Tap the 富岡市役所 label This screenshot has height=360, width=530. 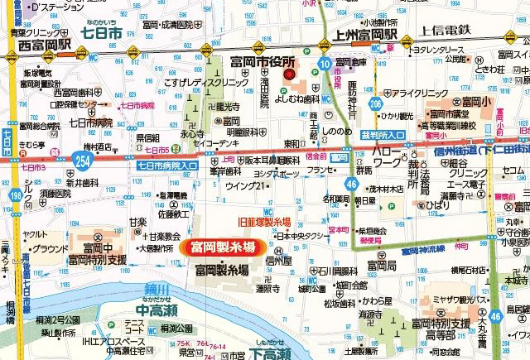(263, 62)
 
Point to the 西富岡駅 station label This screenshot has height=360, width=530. (31, 46)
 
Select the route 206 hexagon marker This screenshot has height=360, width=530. (376, 103)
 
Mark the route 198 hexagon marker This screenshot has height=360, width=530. (16, 195)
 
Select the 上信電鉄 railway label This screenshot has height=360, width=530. (445, 30)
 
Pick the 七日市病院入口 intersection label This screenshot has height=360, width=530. (164, 166)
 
